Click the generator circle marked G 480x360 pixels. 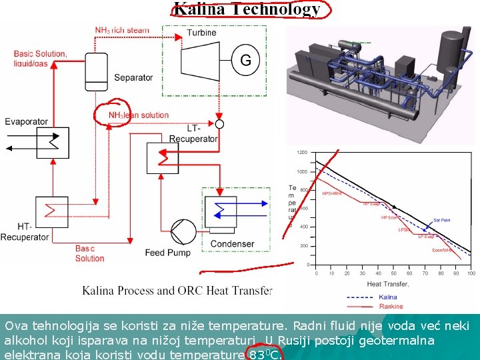click(245, 61)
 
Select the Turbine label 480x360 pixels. click(201, 33)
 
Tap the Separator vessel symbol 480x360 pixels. click(95, 69)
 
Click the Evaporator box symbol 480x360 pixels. click(53, 142)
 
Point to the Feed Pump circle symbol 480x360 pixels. click(181, 232)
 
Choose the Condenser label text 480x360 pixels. click(231, 244)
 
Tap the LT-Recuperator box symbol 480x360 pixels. click(163, 158)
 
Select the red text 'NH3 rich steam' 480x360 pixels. click(122, 30)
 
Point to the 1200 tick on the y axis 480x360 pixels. click(302, 153)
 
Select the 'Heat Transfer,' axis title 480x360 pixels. click(387, 284)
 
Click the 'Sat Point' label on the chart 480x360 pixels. click(441, 220)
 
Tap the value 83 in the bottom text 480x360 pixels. click(256, 355)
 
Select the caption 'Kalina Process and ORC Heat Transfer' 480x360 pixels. click(177, 291)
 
